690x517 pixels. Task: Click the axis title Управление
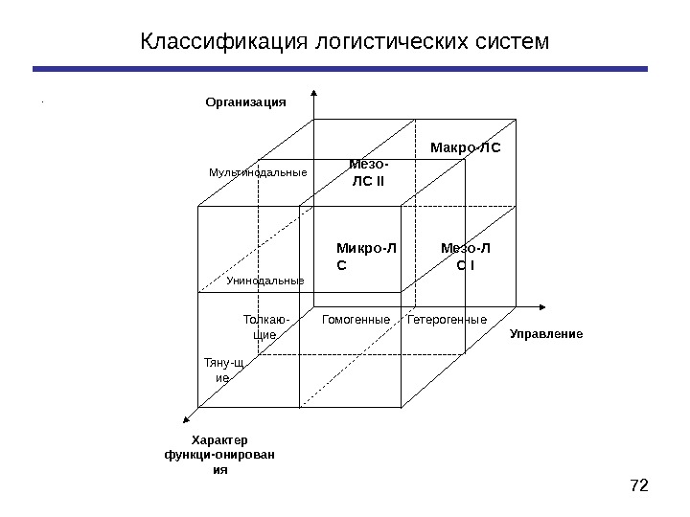pyautogui.click(x=545, y=333)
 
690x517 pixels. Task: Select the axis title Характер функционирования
pyautogui.click(x=219, y=454)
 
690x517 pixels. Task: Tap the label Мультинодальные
pyautogui.click(x=258, y=173)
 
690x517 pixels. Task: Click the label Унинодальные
pyautogui.click(x=264, y=281)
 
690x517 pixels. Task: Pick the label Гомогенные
pyautogui.click(x=356, y=319)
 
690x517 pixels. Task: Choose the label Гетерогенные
pyautogui.click(x=447, y=319)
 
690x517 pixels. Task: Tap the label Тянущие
pyautogui.click(x=222, y=371)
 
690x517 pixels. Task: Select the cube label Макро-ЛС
pyautogui.click(x=466, y=148)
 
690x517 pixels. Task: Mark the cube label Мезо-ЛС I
pyautogui.click(x=465, y=257)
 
